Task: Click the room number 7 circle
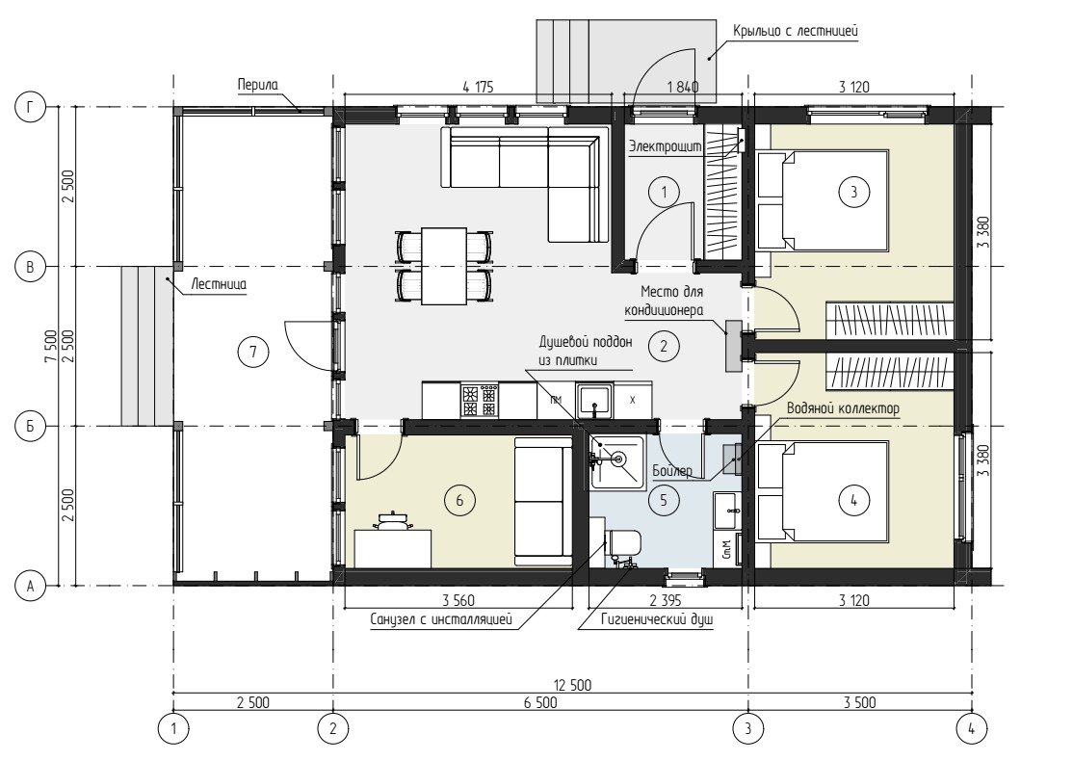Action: pos(253,352)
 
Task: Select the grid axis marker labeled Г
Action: pos(30,107)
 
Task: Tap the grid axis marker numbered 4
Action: pos(971,729)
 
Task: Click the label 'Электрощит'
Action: pos(666,146)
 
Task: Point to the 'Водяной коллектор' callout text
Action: pos(843,408)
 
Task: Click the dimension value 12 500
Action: pos(572,685)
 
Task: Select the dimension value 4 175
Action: pos(478,87)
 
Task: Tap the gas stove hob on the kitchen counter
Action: pos(480,401)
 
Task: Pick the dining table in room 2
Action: pos(444,266)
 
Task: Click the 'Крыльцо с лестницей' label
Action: pos(796,31)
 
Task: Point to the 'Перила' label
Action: pos(258,85)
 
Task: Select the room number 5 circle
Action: pos(663,500)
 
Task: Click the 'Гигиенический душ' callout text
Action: pos(657,620)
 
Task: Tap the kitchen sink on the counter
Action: pos(594,401)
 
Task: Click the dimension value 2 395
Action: pos(666,601)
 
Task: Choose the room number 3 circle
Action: pos(853,193)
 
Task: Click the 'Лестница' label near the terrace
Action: pos(219,283)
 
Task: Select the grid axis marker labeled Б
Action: pos(30,427)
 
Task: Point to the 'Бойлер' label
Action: pos(672,471)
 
